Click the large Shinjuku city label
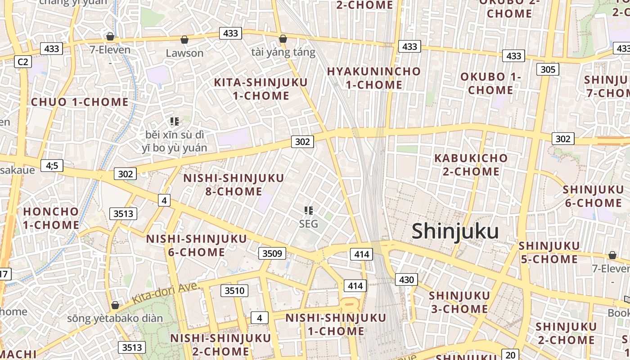click(455, 231)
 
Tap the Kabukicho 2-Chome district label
click(471, 165)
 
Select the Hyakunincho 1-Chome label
click(373, 78)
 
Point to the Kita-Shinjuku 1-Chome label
click(261, 89)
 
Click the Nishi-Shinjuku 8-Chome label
click(234, 184)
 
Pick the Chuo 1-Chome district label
click(80, 102)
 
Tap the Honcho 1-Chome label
click(51, 218)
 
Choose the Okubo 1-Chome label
click(490, 83)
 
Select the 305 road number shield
click(548, 69)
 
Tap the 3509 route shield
click(272, 253)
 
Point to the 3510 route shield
click(234, 291)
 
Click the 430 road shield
click(406, 279)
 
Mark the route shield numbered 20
click(510, 355)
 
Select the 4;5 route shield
click(52, 166)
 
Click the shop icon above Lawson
click(184, 40)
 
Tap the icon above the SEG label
click(309, 210)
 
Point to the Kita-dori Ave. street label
click(166, 292)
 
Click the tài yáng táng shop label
click(283, 52)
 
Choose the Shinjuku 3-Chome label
click(459, 302)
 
